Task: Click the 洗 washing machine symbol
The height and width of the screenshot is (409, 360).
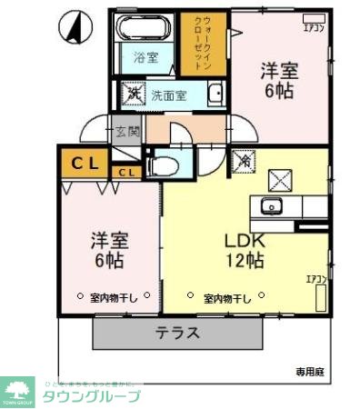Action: pyautogui.click(x=134, y=94)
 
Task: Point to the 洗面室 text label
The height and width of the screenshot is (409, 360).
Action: pyautogui.click(x=168, y=95)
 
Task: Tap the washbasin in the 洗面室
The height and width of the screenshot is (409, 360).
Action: pyautogui.click(x=215, y=94)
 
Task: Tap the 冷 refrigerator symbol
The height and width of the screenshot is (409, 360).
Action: pyautogui.click(x=245, y=161)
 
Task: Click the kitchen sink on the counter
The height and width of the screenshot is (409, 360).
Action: pyautogui.click(x=271, y=205)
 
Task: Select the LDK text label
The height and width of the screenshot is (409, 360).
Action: pyautogui.click(x=245, y=242)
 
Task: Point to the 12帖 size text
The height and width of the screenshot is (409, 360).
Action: pyautogui.click(x=245, y=262)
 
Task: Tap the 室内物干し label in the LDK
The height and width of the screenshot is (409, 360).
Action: pyautogui.click(x=226, y=296)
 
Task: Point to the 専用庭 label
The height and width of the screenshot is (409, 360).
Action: pyautogui.click(x=309, y=371)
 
